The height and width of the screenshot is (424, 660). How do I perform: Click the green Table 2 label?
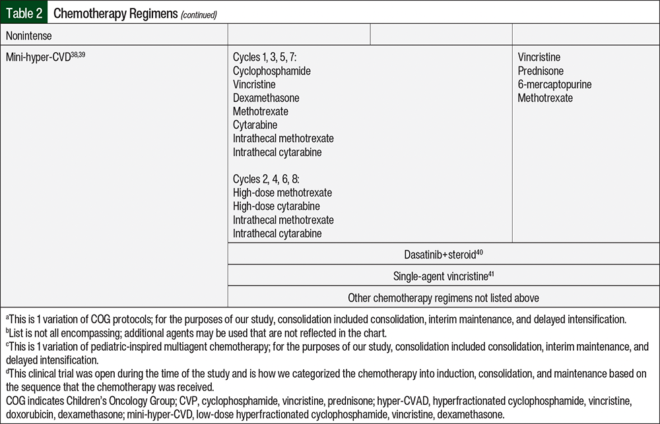23,13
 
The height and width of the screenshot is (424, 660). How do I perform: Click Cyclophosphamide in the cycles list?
271,71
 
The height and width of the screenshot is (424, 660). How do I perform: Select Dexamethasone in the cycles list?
266,98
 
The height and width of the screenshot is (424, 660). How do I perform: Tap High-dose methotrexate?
282,193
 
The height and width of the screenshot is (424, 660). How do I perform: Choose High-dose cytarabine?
277,206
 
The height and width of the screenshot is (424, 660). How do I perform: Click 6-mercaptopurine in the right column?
554,84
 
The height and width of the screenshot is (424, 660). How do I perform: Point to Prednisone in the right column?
541,71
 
